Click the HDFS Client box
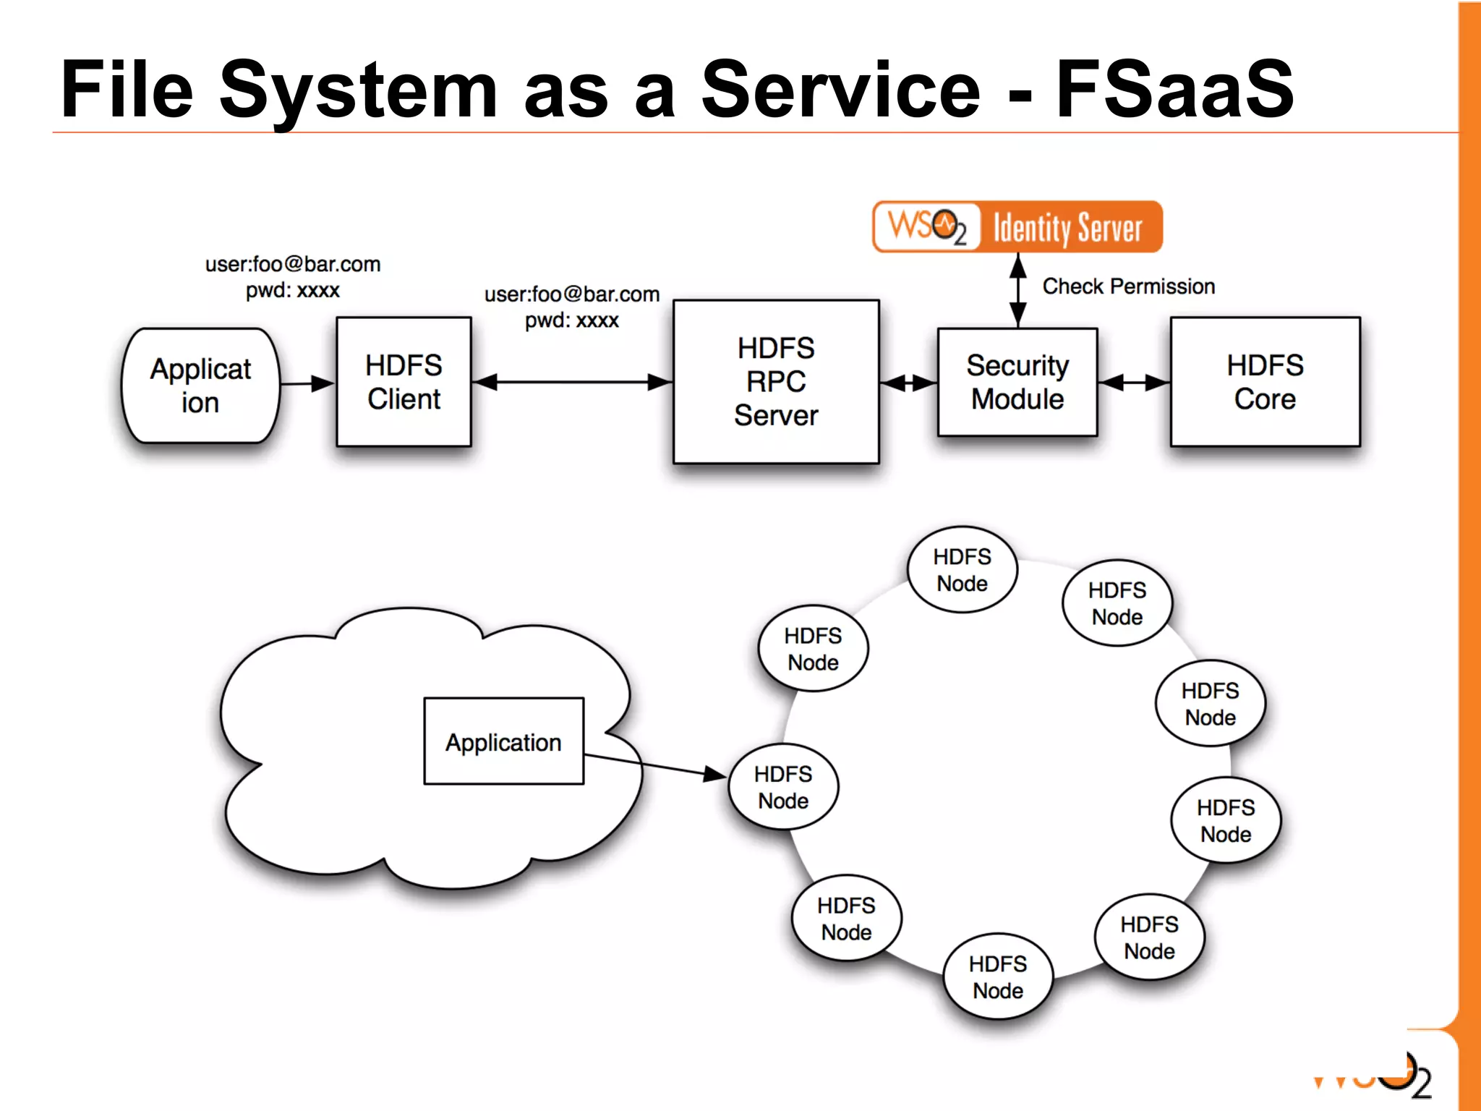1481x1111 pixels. [x=404, y=382]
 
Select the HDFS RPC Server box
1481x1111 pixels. [x=776, y=382]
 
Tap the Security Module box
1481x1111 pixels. [x=1017, y=382]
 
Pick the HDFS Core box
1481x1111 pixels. [x=1265, y=382]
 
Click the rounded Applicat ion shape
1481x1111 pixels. [x=200, y=386]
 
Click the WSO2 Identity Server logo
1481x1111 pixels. [x=1017, y=227]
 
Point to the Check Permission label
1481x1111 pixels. [x=1128, y=286]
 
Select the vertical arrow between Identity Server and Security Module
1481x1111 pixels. [x=1018, y=290]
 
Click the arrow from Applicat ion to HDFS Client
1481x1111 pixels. [x=307, y=383]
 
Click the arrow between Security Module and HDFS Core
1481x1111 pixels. [x=1134, y=383]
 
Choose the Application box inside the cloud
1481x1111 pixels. [x=503, y=741]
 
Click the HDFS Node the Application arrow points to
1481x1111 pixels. [x=783, y=787]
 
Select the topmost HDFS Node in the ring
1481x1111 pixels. [x=962, y=570]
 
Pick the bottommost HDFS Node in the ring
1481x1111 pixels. [x=998, y=976]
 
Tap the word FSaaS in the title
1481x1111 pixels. [x=1174, y=90]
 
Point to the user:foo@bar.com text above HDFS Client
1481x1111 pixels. [x=293, y=264]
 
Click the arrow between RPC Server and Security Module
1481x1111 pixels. [x=908, y=383]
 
